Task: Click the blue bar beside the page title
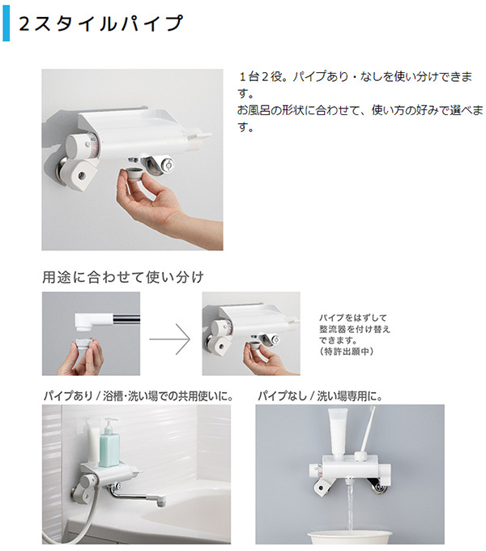coord(6,25)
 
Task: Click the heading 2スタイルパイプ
coord(101,25)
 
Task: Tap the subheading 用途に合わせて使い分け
coord(122,277)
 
